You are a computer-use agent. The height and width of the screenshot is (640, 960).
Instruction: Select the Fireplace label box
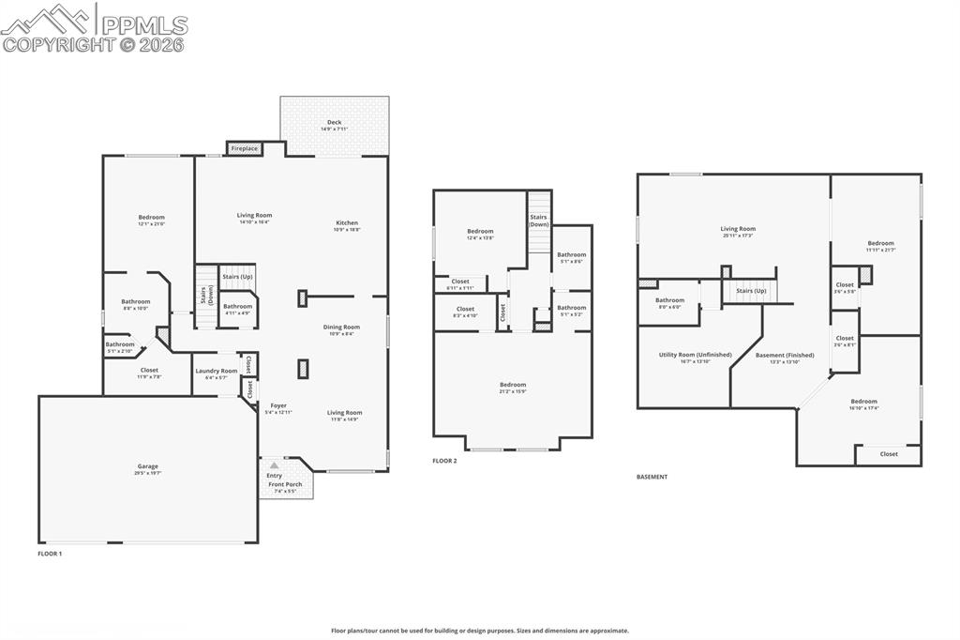[244, 148]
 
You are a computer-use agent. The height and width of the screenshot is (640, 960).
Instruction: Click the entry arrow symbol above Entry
[274, 465]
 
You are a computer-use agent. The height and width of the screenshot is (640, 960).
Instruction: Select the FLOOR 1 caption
[50, 555]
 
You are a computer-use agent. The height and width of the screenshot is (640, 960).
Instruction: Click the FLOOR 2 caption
[444, 461]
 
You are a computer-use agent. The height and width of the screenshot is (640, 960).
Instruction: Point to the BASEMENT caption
[652, 477]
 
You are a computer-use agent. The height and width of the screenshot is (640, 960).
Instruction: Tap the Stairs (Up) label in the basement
[751, 291]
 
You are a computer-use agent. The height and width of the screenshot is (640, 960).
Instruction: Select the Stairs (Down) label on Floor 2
[539, 221]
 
